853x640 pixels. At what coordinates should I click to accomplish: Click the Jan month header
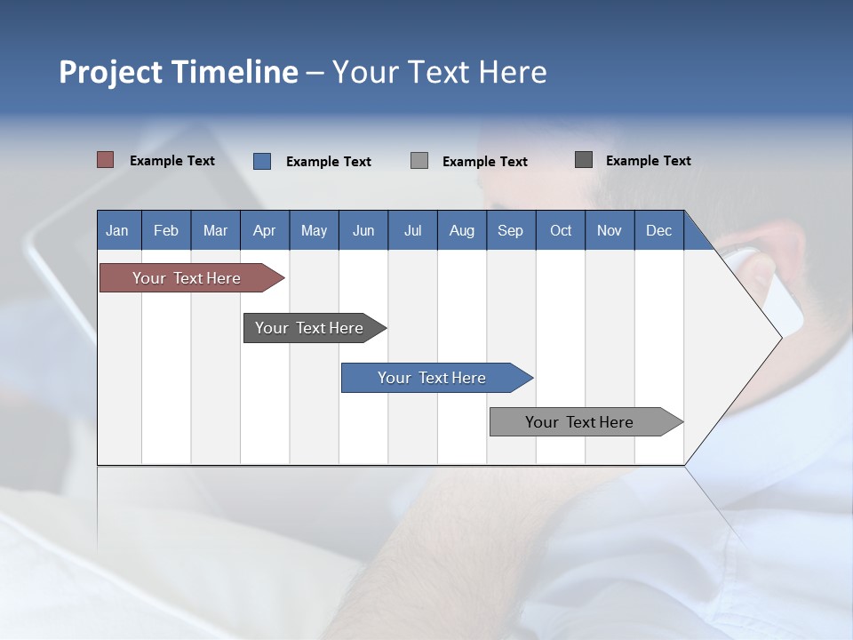(117, 230)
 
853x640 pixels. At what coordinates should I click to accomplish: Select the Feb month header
(166, 230)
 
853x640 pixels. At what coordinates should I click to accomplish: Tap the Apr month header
(264, 230)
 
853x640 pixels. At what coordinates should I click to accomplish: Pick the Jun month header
(363, 230)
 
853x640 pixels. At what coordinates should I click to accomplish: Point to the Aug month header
(461, 230)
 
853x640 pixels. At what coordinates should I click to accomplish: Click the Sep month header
(510, 230)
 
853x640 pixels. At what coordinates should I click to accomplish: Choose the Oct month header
(561, 230)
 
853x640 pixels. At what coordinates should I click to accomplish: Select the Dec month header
(658, 230)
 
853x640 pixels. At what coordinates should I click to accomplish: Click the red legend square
(105, 160)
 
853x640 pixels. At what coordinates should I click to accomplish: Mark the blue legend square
(262, 161)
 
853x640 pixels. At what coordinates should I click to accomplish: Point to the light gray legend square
(419, 161)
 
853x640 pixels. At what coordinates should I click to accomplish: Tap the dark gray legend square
(584, 160)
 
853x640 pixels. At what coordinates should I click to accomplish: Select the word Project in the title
(110, 72)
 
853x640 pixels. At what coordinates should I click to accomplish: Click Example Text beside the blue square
(328, 162)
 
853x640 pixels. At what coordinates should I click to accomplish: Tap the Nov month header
(610, 230)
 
